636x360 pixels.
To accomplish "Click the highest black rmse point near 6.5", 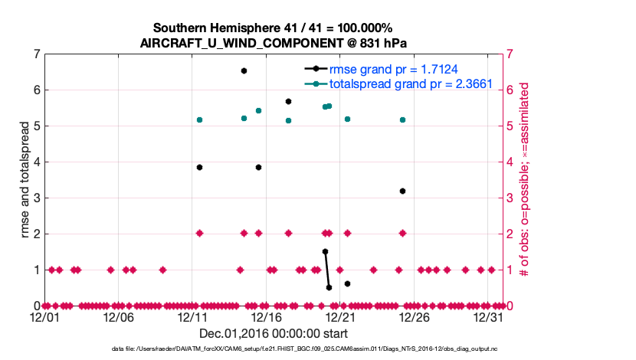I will [x=244, y=70].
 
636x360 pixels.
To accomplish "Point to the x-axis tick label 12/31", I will [x=488, y=316].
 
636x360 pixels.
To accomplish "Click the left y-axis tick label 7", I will [x=36, y=54].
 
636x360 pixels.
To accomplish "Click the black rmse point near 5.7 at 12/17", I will [x=288, y=101].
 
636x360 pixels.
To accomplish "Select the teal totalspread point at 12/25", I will [x=402, y=120].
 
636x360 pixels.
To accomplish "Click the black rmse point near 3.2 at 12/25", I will [x=402, y=191].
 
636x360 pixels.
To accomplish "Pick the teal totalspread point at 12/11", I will [x=199, y=120].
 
